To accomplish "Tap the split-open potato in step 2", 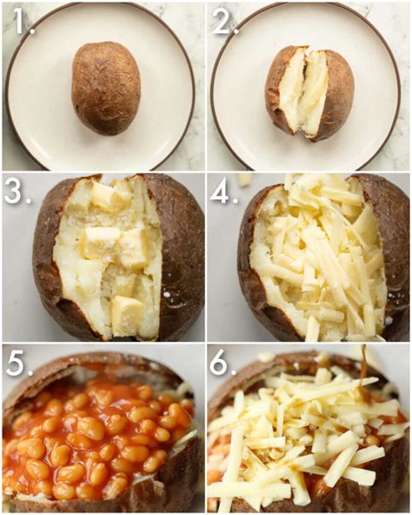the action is click(309, 94).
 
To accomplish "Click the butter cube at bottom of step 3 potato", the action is click(127, 311).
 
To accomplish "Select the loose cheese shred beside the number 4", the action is click(243, 180).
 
